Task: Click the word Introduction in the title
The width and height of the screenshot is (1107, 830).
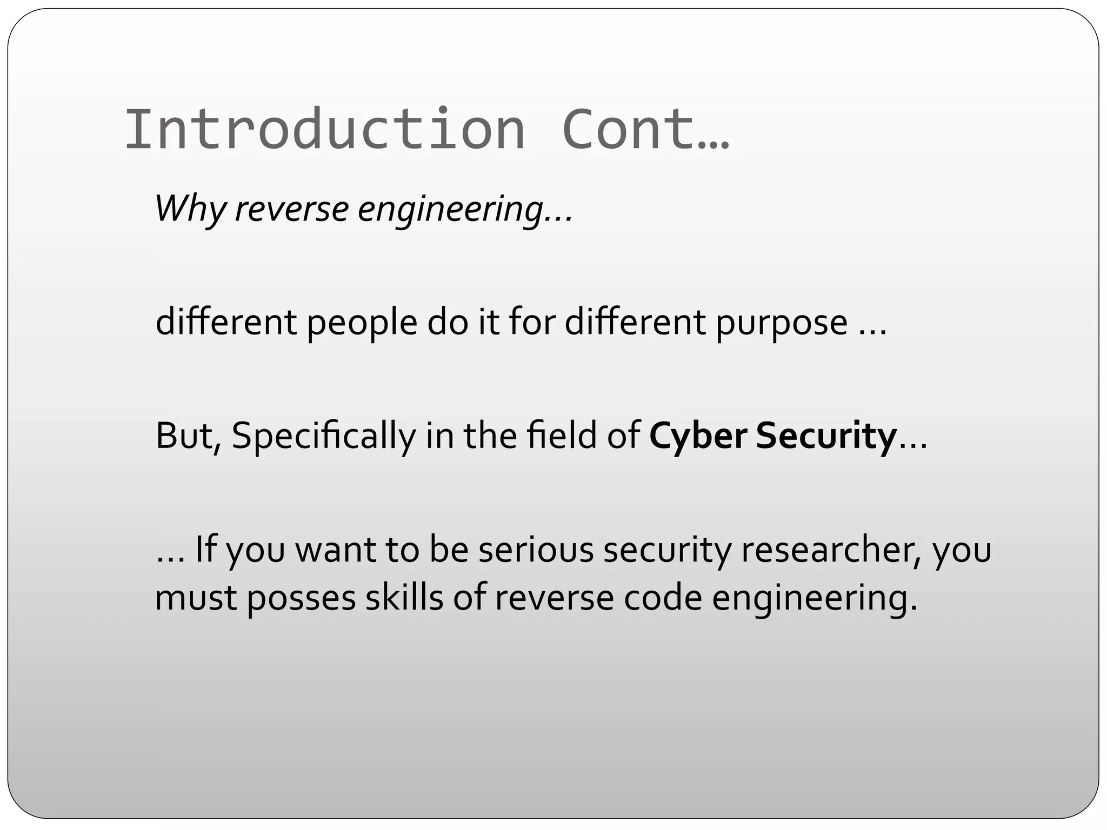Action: click(x=325, y=130)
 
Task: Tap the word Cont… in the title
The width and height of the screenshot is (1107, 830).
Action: click(x=646, y=130)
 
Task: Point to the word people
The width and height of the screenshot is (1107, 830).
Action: click(x=362, y=323)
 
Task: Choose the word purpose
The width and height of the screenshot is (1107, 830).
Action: click(x=782, y=323)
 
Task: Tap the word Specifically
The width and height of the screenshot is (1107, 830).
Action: click(x=324, y=436)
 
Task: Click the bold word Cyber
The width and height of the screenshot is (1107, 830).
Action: click(x=698, y=436)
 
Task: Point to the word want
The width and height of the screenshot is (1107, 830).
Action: click(x=335, y=549)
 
